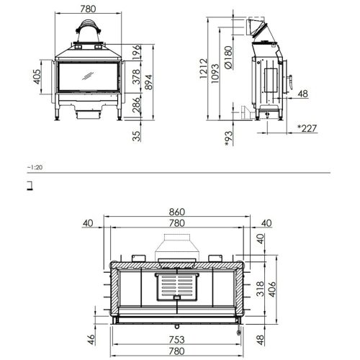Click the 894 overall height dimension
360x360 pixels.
pyautogui.click(x=149, y=82)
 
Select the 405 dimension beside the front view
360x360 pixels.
pyautogui.click(x=37, y=77)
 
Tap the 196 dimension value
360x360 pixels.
pyautogui.click(x=136, y=53)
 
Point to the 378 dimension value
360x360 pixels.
pyautogui.click(x=136, y=76)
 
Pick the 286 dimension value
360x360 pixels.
pyautogui.click(x=136, y=105)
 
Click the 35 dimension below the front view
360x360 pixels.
pyautogui.click(x=136, y=136)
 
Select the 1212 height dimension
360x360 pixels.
pyautogui.click(x=203, y=68)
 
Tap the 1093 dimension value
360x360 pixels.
pyautogui.click(x=215, y=73)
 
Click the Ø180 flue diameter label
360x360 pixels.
pyautogui.click(x=229, y=58)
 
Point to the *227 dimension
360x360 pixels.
pyautogui.click(x=307, y=129)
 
